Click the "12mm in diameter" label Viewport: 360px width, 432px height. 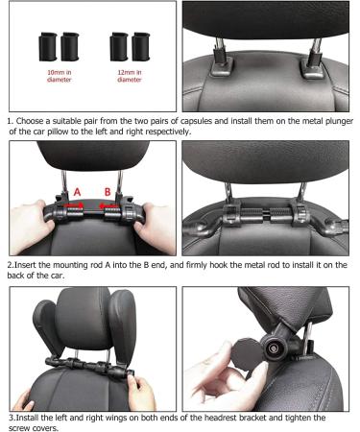click(x=128, y=76)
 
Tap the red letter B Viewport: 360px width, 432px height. click(x=108, y=192)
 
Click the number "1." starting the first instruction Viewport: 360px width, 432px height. click(x=10, y=121)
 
